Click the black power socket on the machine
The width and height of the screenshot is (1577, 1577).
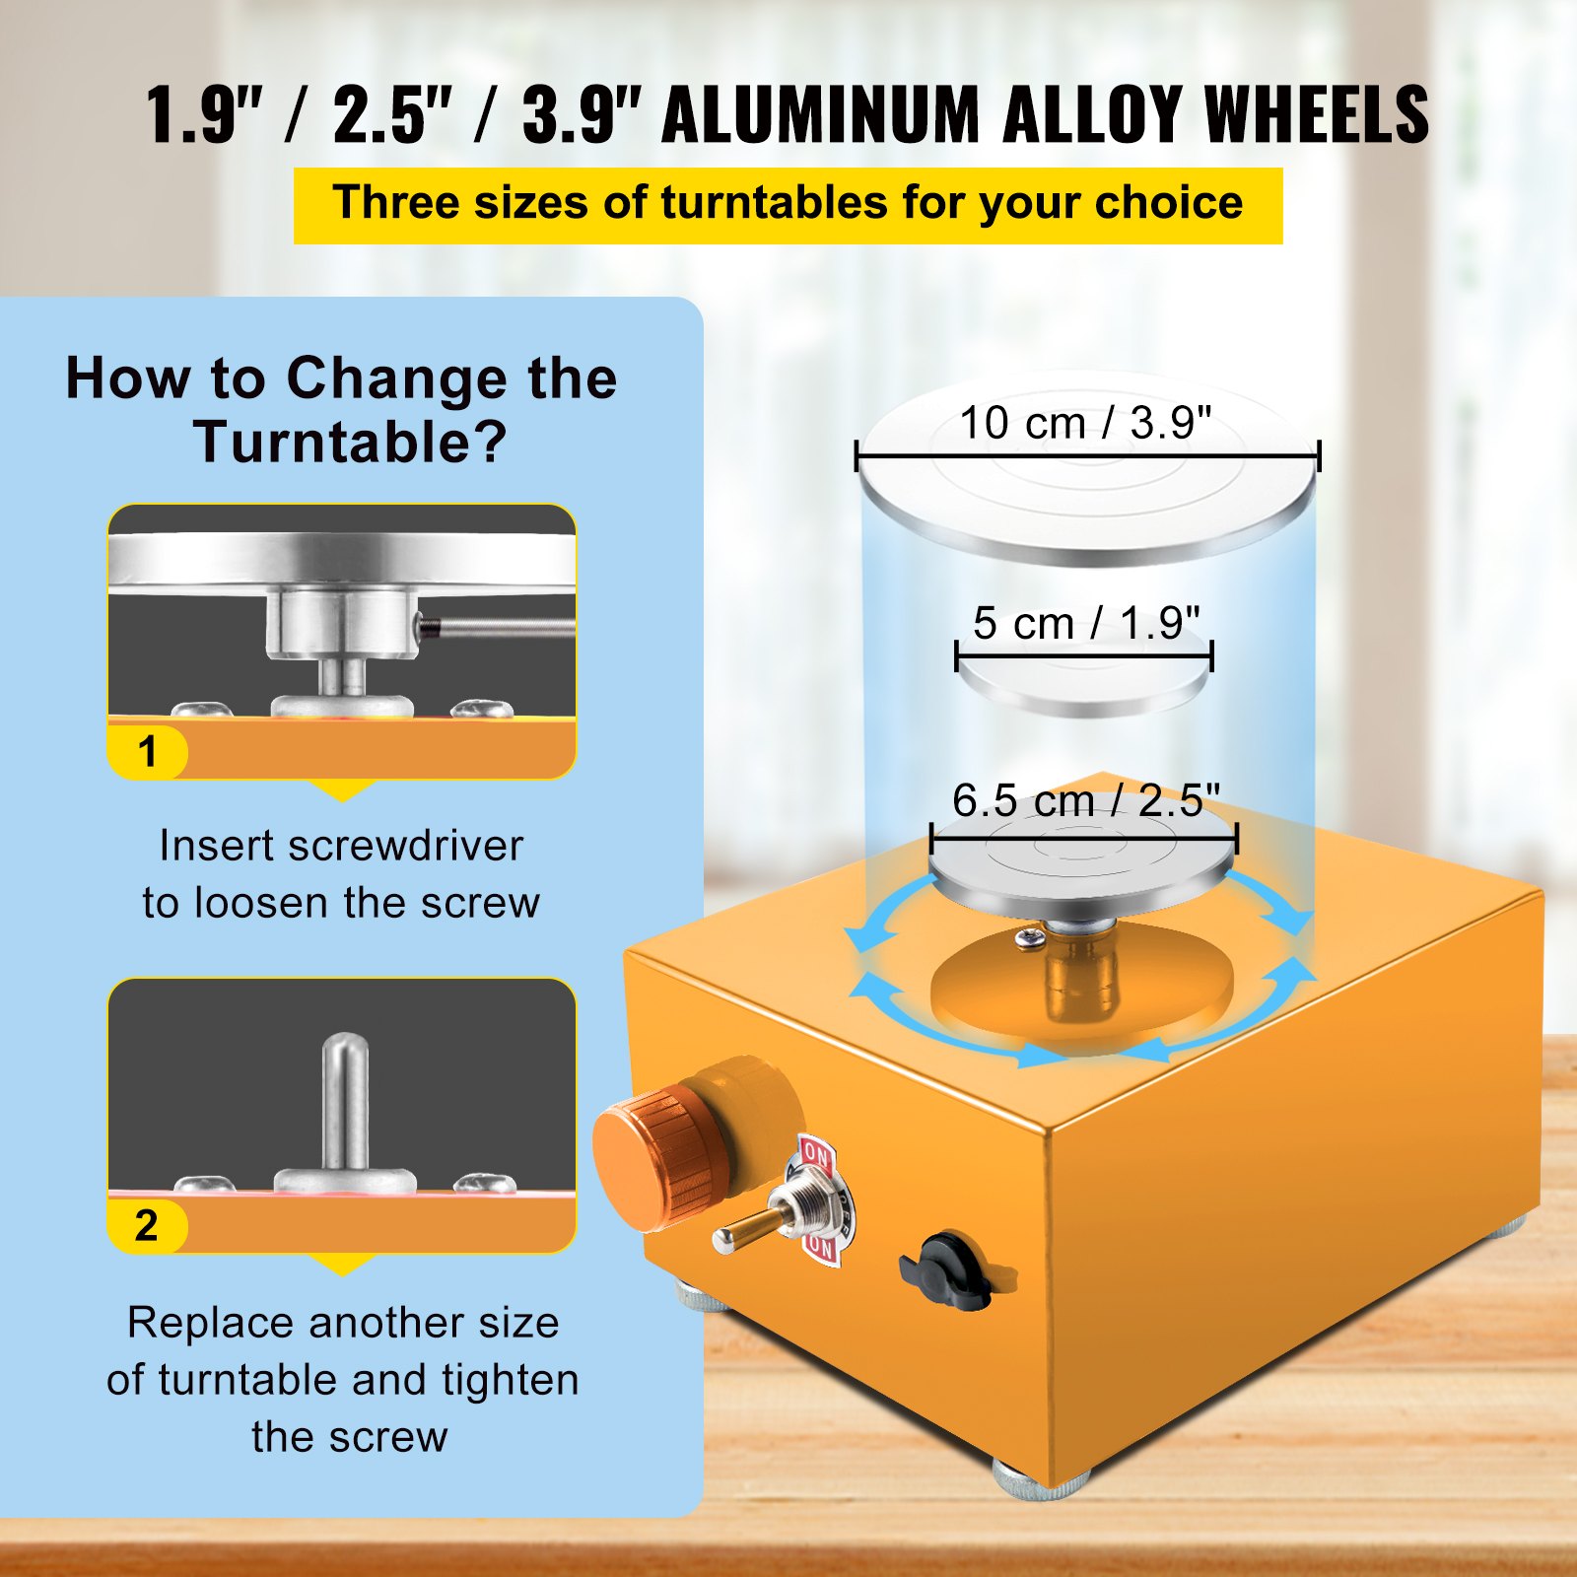[948, 1271]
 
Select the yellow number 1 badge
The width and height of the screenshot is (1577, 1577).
[148, 752]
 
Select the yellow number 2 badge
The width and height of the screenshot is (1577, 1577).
[147, 1226]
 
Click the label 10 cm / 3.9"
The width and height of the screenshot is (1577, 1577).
[1084, 424]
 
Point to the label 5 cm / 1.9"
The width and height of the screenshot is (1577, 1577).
[1085, 623]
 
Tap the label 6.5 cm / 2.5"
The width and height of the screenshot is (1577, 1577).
[1085, 800]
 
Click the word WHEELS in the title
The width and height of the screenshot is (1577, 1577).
[1316, 115]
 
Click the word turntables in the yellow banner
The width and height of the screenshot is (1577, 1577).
[775, 203]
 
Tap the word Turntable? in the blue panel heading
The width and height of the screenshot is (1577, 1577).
[350, 442]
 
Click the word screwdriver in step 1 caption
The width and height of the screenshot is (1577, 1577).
[405, 846]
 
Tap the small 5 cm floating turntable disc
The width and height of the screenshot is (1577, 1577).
[1084, 680]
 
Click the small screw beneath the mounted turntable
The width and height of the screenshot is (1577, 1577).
[1030, 938]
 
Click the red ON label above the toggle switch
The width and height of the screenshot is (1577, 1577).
[815, 1152]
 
